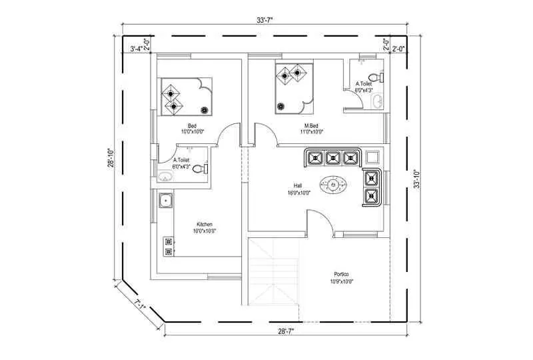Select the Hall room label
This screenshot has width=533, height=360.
(x=298, y=187)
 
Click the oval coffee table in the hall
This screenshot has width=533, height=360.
(x=334, y=185)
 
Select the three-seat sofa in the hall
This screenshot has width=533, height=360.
(x=332, y=158)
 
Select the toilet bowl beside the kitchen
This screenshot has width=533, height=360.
(x=199, y=169)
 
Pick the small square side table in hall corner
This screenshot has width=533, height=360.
(x=373, y=157)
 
